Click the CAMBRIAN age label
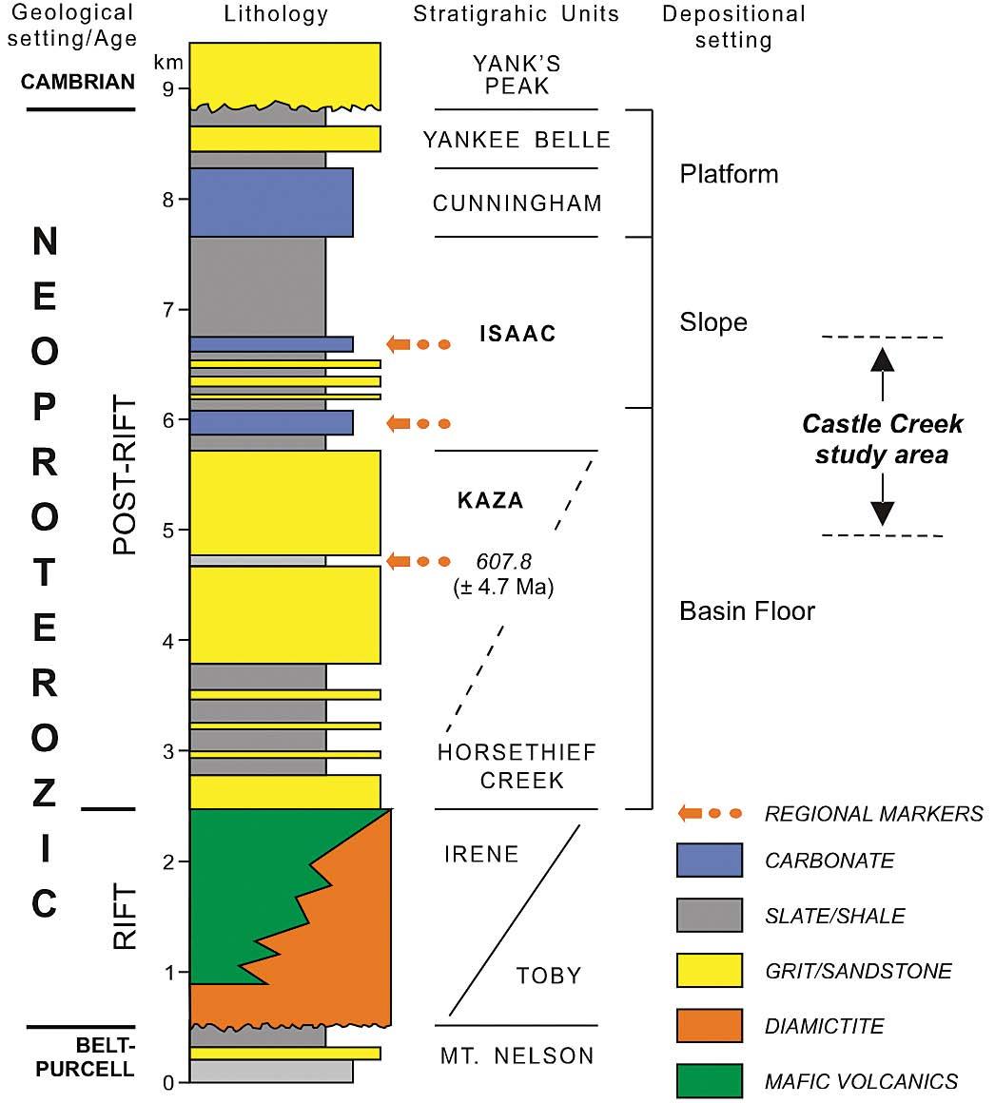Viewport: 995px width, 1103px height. pyautogui.click(x=78, y=82)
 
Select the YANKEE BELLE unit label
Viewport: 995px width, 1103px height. pyautogui.click(x=517, y=140)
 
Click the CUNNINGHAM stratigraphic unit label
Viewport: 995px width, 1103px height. pyautogui.click(x=517, y=203)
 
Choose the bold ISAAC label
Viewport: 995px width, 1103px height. pyautogui.click(x=517, y=334)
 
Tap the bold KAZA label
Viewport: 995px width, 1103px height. pyautogui.click(x=491, y=500)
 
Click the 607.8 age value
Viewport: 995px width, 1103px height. pyautogui.click(x=504, y=561)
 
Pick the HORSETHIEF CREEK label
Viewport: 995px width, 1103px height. pyautogui.click(x=517, y=766)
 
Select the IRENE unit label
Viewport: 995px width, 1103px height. pyautogui.click(x=481, y=854)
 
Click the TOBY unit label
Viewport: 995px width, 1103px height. pyautogui.click(x=549, y=976)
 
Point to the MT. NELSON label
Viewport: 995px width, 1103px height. pyautogui.click(x=517, y=1055)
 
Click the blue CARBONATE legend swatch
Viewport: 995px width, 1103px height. pyautogui.click(x=710, y=861)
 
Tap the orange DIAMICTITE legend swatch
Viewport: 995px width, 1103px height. pyautogui.click(x=710, y=1026)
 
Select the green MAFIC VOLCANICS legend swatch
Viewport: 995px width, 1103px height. pyautogui.click(x=710, y=1081)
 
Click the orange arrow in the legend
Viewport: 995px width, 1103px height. pyautogui.click(x=709, y=814)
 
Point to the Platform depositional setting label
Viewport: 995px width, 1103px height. pyautogui.click(x=729, y=174)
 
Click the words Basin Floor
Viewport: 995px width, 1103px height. pyautogui.click(x=747, y=610)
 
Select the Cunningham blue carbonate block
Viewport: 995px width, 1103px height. pyautogui.click(x=271, y=202)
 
